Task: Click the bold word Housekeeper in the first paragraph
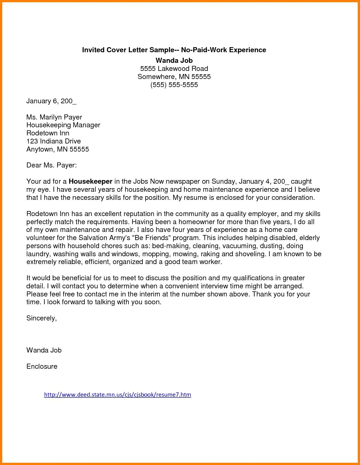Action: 90,181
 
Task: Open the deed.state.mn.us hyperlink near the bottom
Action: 117,394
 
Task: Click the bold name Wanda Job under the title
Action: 174,60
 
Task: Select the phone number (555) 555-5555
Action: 174,85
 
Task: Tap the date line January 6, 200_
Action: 51,101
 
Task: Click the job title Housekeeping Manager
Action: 63,125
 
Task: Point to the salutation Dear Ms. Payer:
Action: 51,165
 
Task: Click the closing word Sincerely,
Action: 42,318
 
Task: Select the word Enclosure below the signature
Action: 42,366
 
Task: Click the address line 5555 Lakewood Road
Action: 174,69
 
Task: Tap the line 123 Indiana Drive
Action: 54,141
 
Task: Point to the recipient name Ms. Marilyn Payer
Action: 54,117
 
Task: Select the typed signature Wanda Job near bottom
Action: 44,350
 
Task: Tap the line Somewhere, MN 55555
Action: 174,77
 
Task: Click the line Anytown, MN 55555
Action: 57,149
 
